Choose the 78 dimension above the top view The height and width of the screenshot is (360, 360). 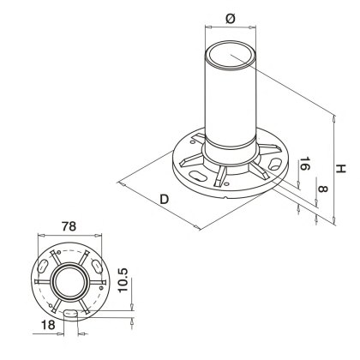click(72, 226)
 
